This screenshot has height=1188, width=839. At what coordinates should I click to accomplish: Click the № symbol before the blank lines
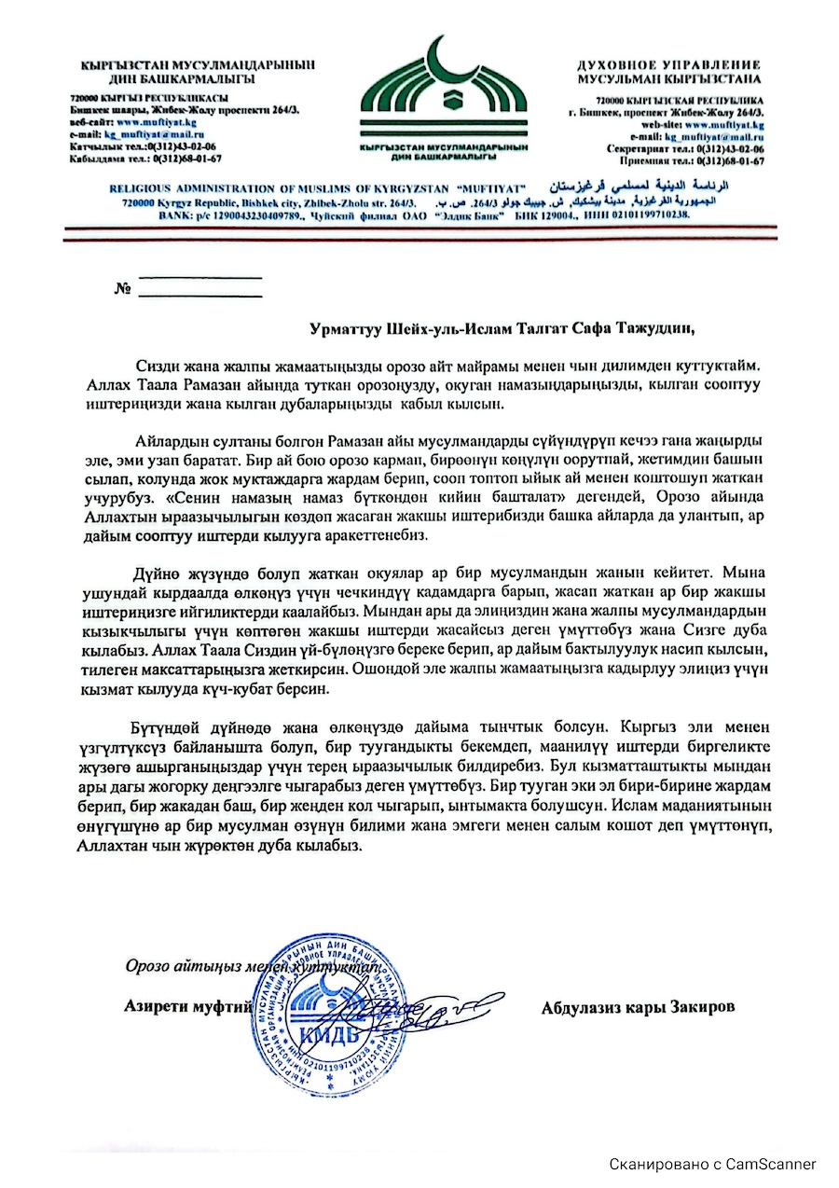(x=122, y=288)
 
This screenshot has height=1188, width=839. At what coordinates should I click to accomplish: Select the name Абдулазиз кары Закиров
(x=638, y=1007)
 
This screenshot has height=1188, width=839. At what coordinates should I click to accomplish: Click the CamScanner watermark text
(x=713, y=1164)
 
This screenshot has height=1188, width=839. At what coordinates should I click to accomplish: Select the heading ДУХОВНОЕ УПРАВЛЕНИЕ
(x=668, y=65)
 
